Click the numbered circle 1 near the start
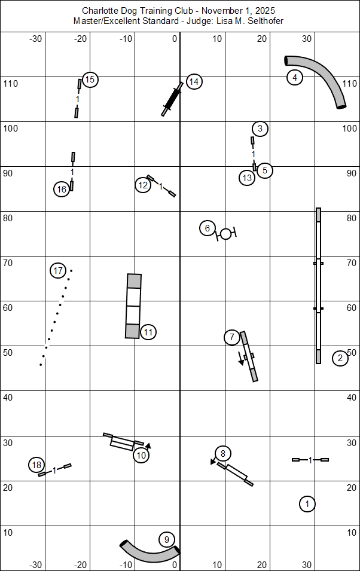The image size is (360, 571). [307, 504]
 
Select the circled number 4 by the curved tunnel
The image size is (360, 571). [294, 77]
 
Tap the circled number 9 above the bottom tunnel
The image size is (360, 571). [167, 539]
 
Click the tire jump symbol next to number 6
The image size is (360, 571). [225, 234]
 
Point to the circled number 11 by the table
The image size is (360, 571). [149, 331]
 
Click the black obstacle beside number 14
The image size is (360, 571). [172, 99]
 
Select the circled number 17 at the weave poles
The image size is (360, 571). [58, 271]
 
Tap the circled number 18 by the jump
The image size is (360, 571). [36, 465]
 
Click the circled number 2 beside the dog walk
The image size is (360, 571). [340, 358]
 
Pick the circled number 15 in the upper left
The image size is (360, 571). [90, 80]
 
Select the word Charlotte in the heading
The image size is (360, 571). [100, 11]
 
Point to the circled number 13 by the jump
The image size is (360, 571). [247, 178]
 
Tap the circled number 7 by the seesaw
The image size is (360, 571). [232, 337]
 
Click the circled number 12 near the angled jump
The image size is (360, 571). [142, 185]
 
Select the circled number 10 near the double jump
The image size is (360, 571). [141, 455]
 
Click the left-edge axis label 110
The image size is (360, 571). [11, 83]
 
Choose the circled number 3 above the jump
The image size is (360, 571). [260, 128]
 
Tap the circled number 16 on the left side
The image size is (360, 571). [62, 190]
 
